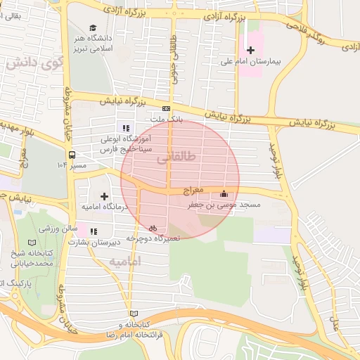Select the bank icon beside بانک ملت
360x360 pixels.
tap(166, 108)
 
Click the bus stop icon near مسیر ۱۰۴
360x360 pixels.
tap(72, 155)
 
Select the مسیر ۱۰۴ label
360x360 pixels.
tap(71, 165)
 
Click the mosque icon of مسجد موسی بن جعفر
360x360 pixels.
tap(224, 193)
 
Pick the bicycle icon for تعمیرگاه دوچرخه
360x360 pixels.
tap(153, 228)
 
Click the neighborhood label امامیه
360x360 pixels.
tap(126, 261)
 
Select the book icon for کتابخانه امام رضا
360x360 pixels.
tap(133, 314)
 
